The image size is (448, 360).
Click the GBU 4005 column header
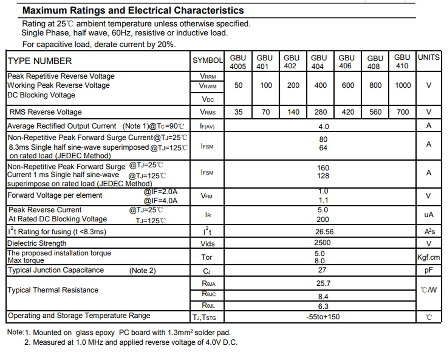pyautogui.click(x=238, y=62)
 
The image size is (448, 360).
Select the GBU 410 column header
pyautogui.click(x=402, y=61)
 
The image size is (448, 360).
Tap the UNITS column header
pyautogui.click(x=429, y=57)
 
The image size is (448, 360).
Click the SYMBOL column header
pyautogui.click(x=207, y=60)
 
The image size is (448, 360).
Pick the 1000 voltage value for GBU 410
pyautogui.click(x=403, y=85)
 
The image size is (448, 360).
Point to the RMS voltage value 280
pyautogui.click(x=321, y=112)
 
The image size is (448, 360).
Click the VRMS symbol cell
pyautogui.click(x=208, y=112)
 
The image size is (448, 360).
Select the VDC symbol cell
pyautogui.click(x=208, y=99)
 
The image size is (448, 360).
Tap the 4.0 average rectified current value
pyautogui.click(x=324, y=126)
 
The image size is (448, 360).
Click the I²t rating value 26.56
pyautogui.click(x=324, y=232)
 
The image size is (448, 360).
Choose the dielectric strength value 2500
pyautogui.click(x=322, y=243)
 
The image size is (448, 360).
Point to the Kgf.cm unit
pyautogui.click(x=429, y=257)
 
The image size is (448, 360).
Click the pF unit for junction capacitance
pyautogui.click(x=429, y=270)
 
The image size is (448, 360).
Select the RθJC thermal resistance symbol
pyautogui.click(x=209, y=294)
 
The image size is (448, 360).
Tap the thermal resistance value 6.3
pyautogui.click(x=323, y=306)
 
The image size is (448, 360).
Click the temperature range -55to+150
pyautogui.click(x=323, y=317)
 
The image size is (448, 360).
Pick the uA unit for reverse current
pyautogui.click(x=429, y=215)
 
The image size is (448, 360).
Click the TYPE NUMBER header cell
pyautogui.click(x=40, y=61)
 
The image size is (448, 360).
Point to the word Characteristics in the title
pyautogui.click(x=209, y=10)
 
